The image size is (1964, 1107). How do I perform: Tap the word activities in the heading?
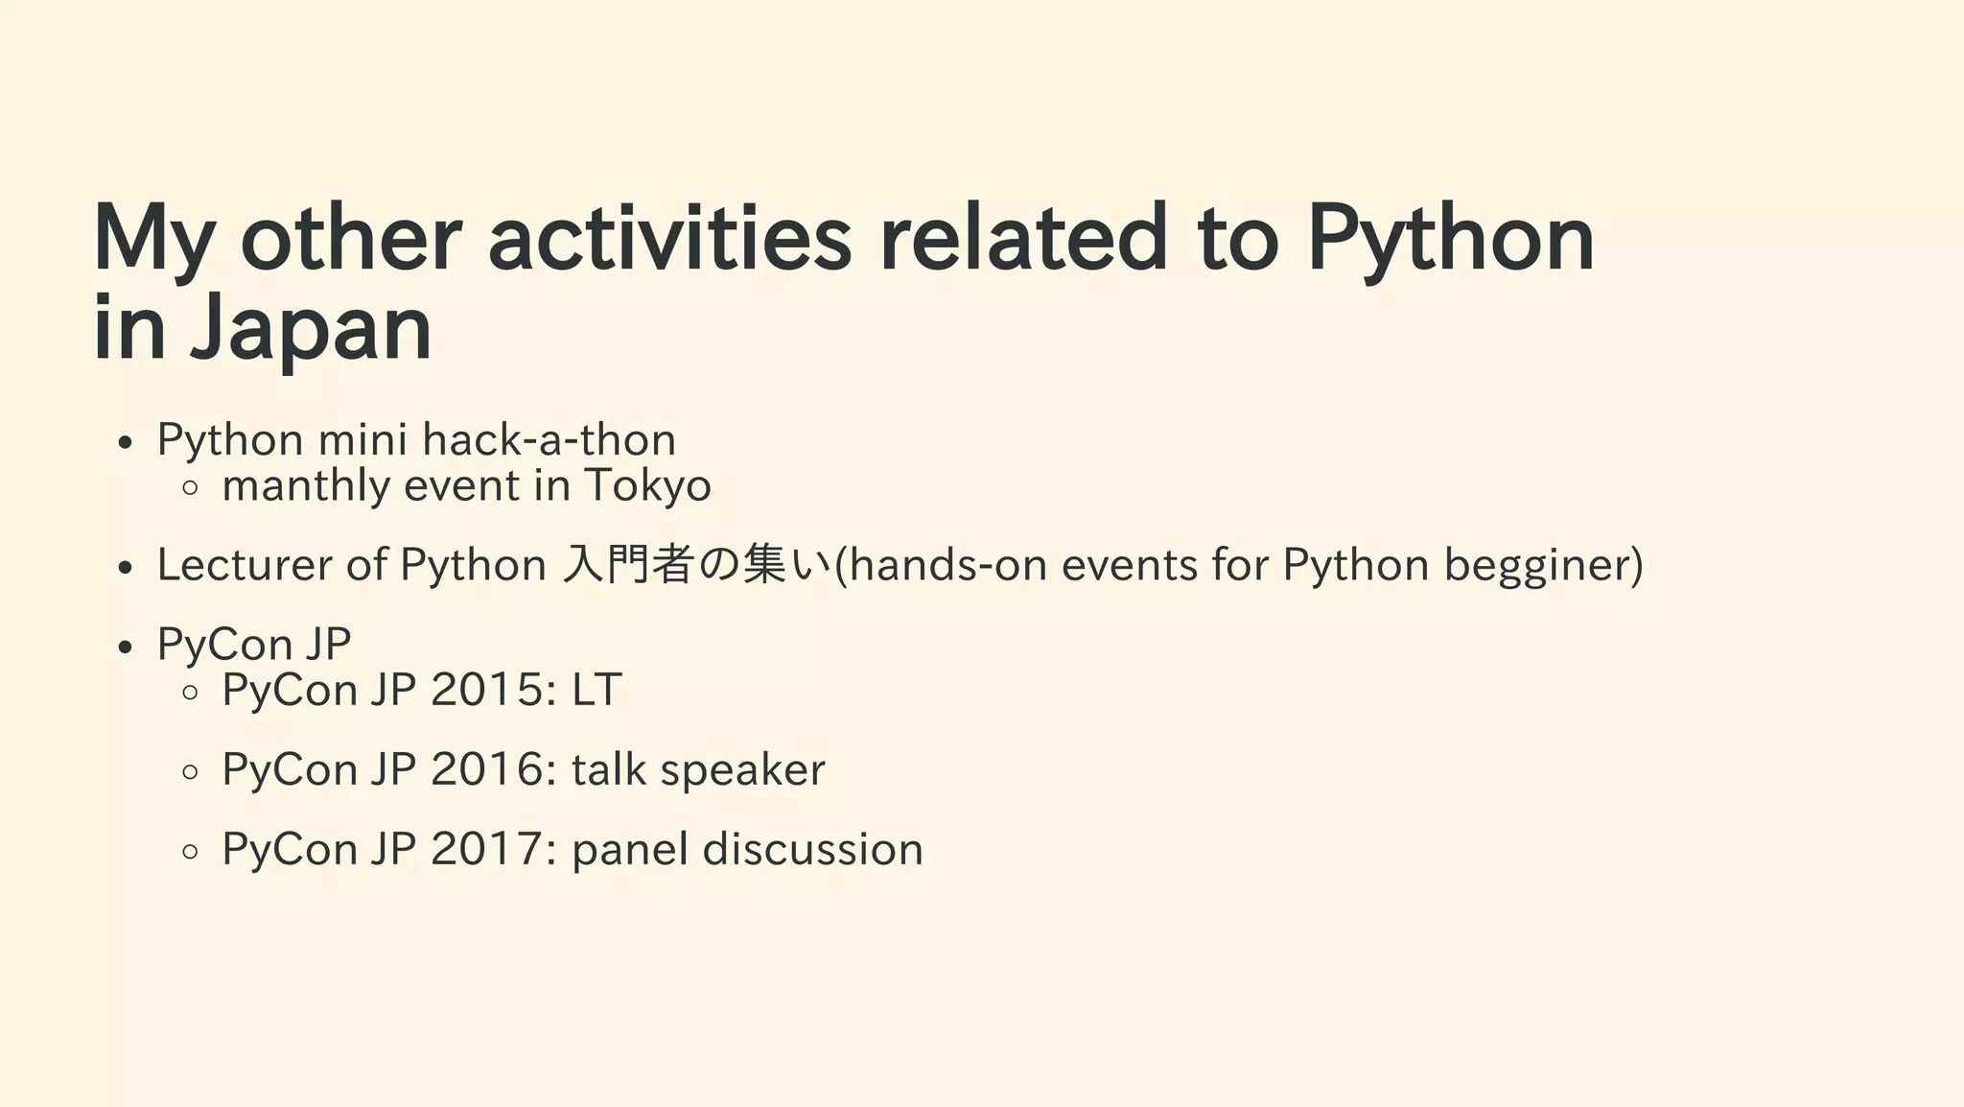[x=669, y=239]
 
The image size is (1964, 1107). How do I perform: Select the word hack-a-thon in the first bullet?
[x=549, y=440]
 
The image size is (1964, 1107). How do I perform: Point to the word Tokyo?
[x=647, y=485]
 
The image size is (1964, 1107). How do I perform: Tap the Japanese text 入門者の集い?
[x=696, y=565]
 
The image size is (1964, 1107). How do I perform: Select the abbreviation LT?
[x=596, y=690]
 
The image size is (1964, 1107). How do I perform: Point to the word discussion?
[x=812, y=849]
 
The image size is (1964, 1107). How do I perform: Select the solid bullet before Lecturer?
[x=124, y=568]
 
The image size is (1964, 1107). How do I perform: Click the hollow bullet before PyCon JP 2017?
[x=190, y=851]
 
